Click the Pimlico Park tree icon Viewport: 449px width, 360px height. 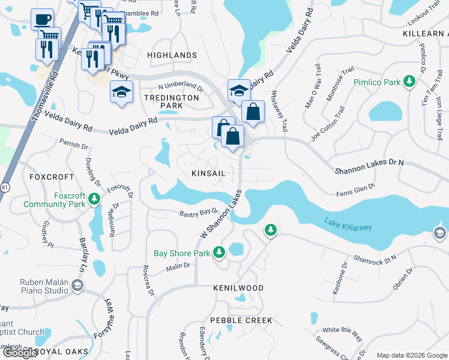[x=410, y=81]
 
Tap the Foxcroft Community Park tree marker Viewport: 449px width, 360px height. [x=94, y=199]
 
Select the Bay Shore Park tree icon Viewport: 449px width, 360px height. [x=219, y=253]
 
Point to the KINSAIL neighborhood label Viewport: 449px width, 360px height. [x=208, y=173]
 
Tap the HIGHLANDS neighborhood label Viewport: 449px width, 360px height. [x=172, y=55]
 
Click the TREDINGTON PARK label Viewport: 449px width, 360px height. [x=172, y=101]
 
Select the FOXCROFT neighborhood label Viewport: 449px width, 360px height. [x=51, y=178]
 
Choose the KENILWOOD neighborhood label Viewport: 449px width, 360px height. [x=238, y=289]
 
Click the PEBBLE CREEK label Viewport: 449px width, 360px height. [x=241, y=320]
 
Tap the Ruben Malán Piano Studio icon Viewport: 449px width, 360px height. [x=78, y=285]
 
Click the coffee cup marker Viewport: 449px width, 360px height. [x=42, y=19]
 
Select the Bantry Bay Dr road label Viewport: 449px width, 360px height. [x=198, y=212]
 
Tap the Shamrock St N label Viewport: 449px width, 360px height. [x=375, y=258]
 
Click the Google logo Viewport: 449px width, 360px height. [x=20, y=353]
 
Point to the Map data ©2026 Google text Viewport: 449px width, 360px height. [x=411, y=355]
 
